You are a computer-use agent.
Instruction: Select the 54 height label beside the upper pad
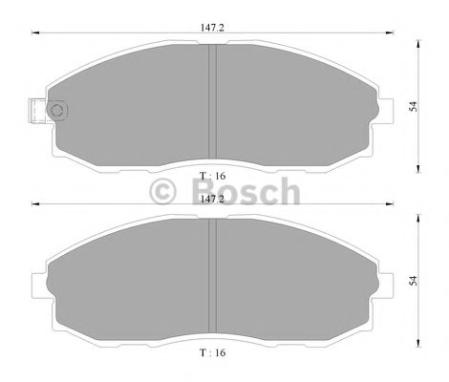(413, 108)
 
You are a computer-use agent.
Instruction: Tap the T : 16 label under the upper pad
(215, 176)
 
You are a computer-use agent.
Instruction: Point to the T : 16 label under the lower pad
(215, 352)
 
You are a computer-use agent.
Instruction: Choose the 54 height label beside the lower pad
(413, 280)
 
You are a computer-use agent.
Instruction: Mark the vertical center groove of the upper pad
(214, 105)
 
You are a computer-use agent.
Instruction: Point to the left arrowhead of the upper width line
(37, 34)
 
